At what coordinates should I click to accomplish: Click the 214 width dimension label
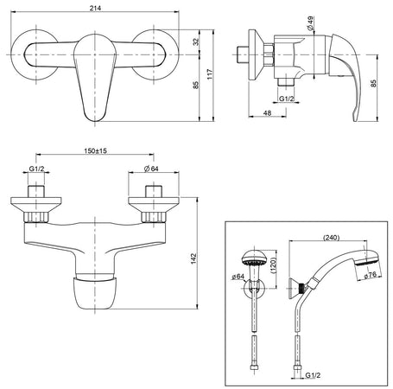pos(95,8)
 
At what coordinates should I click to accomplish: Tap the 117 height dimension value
pos(210,74)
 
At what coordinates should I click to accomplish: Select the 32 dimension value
pos(196,41)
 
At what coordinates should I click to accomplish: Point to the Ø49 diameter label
pos(310,23)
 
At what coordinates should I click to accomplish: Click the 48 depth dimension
pos(267,113)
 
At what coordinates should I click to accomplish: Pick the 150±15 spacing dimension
pos(95,150)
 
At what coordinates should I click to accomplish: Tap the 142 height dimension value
pos(193,258)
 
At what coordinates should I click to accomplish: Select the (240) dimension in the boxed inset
pos(332,238)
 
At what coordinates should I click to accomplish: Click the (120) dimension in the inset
pos(273,265)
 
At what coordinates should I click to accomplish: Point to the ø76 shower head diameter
pos(370,275)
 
